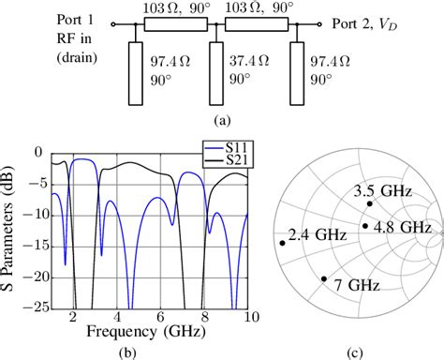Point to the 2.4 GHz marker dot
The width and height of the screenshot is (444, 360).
coord(281,243)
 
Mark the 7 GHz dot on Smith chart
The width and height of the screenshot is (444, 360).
coord(324,278)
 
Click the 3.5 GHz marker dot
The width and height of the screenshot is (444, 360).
coord(371,203)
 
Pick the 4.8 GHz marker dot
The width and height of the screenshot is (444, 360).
coord(365,225)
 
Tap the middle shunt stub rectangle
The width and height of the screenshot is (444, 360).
coord(216,69)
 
